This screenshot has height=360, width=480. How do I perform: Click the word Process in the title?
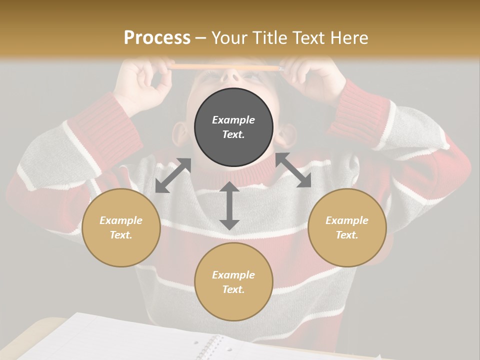coord(157,38)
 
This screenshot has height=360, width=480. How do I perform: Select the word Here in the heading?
coord(348,38)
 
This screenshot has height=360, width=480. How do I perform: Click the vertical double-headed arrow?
coord(229,206)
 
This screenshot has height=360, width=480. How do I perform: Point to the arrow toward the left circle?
coord(173,175)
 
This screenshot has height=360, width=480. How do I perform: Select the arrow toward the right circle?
coord(293,170)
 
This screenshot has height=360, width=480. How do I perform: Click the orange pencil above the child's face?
coord(225,66)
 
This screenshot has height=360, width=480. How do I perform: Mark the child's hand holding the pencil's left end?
coord(145,80)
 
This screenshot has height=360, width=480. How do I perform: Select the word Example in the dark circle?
coord(233,120)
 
